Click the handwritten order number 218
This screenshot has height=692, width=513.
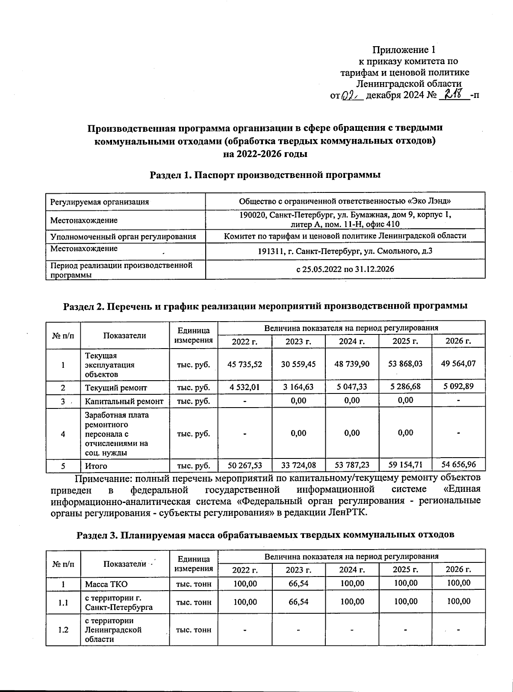(x=454, y=94)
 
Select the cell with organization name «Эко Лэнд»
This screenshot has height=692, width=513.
(x=345, y=201)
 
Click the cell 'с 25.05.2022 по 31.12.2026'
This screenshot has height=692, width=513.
(x=345, y=269)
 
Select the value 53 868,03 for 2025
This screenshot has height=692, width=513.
(x=405, y=364)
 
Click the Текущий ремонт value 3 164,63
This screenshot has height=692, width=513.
(x=298, y=387)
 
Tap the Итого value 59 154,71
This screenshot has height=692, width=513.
(x=405, y=464)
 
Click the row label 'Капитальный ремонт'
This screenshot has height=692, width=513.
(x=124, y=401)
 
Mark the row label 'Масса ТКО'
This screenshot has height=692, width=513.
(x=106, y=584)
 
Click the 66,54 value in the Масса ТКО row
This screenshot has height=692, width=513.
(x=298, y=583)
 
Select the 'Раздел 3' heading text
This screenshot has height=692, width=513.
(x=265, y=535)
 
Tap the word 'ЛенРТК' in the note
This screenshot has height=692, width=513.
(x=350, y=512)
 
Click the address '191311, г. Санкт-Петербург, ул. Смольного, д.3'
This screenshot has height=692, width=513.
(x=345, y=251)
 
